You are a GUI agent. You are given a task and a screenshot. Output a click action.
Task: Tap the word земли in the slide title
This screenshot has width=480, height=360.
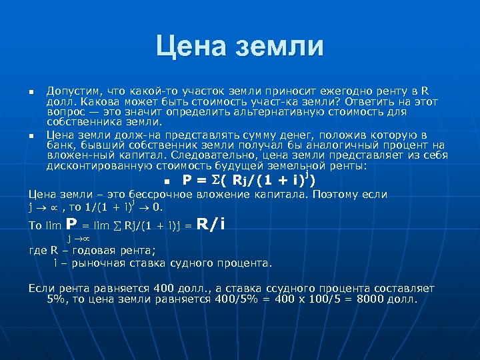point(280,47)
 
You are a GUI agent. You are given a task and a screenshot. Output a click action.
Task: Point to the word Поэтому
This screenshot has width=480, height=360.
point(331,195)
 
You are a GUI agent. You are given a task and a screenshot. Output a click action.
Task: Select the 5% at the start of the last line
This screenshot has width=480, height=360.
point(57,299)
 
